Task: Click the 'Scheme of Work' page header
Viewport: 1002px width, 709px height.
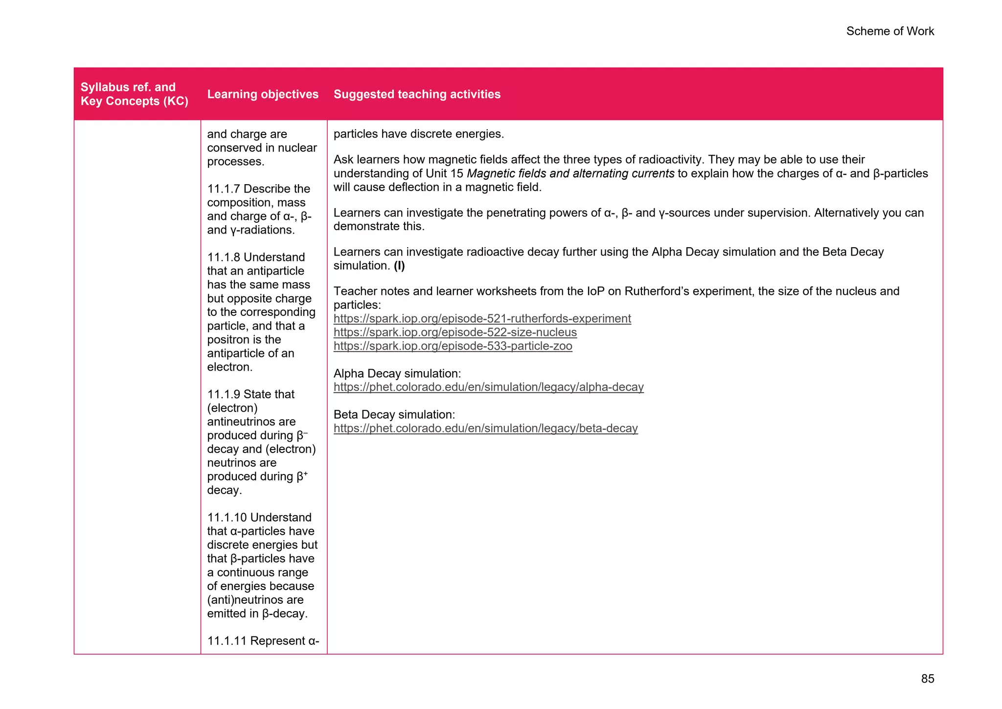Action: click(889, 31)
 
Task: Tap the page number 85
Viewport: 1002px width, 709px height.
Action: click(927, 679)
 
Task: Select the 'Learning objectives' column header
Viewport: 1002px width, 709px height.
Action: click(263, 94)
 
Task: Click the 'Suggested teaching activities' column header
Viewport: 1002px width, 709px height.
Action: click(417, 94)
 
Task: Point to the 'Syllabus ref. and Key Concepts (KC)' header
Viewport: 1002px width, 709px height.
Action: click(134, 94)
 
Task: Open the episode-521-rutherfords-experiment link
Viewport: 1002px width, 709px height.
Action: click(482, 319)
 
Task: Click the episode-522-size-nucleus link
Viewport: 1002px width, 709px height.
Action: click(455, 332)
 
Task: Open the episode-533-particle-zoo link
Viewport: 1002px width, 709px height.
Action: click(453, 346)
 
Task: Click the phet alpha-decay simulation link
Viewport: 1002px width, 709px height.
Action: click(488, 387)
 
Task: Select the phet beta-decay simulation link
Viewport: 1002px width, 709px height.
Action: click(485, 428)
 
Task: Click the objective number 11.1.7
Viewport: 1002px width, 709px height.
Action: click(224, 189)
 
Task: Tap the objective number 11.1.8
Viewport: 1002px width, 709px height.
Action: click(224, 258)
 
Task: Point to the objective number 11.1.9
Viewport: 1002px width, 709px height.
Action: click(224, 395)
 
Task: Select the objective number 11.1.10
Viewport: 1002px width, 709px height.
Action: click(227, 518)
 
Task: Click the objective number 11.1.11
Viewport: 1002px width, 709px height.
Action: click(227, 641)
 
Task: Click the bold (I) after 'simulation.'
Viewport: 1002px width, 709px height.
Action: click(399, 266)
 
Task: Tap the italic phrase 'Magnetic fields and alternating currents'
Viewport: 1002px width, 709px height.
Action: click(570, 174)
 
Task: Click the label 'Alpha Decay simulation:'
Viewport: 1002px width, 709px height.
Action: click(397, 374)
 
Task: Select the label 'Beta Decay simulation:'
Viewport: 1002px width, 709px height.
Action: click(394, 415)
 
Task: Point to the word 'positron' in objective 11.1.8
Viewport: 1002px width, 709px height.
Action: click(228, 340)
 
